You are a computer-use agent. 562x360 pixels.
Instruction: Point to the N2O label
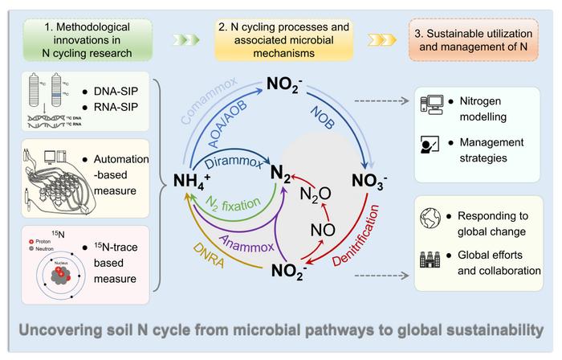315,194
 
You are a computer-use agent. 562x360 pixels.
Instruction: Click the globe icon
430,219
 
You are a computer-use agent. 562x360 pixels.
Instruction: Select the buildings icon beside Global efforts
430,260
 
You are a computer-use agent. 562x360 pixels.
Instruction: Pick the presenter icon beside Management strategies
430,145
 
